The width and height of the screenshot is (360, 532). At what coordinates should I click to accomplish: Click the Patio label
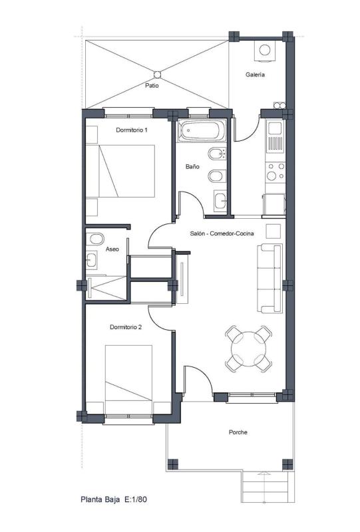point(152,86)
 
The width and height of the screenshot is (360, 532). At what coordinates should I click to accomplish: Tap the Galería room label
point(255,74)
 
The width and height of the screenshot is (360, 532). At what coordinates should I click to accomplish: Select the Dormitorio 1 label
point(132,130)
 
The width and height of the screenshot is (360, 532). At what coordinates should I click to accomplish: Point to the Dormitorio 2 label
point(126,327)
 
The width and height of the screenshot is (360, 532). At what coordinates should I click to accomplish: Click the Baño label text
point(192,167)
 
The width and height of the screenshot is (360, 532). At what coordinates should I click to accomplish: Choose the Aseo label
point(112,249)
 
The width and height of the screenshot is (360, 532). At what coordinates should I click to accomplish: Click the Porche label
point(238,432)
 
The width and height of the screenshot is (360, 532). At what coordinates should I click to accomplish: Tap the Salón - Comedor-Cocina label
point(222,233)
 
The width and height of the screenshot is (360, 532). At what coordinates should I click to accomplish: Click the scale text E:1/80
point(136,499)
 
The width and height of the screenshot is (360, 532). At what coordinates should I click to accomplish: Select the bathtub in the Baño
point(202,130)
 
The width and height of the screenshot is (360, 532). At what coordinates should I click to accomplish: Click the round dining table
point(249,348)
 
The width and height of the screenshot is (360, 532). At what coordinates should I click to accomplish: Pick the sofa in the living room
point(270,278)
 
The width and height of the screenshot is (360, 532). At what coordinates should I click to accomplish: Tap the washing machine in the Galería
point(265,51)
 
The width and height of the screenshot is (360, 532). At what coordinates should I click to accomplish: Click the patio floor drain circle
point(157,74)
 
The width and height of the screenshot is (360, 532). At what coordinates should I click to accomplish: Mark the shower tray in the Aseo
point(106,288)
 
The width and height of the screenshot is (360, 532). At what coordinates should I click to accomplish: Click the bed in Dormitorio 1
point(120,171)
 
